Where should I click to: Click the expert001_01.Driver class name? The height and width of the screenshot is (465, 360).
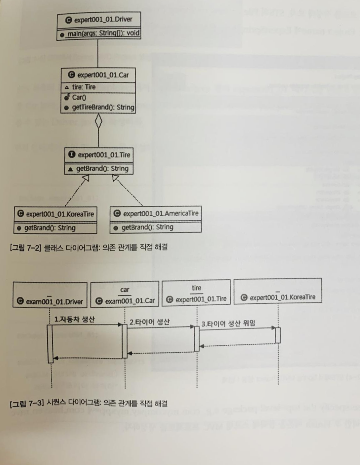tap(103, 20)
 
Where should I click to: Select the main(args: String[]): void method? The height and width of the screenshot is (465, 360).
tap(103, 33)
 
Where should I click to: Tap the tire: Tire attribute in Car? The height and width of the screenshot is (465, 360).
tap(84, 87)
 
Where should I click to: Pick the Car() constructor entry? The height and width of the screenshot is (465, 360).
tap(79, 98)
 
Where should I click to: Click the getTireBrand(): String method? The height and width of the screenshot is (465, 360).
tap(103, 108)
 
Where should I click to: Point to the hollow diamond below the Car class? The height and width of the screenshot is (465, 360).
tap(98, 122)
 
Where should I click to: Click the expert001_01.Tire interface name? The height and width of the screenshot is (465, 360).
tap(104, 155)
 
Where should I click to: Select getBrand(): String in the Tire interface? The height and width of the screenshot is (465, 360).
tap(102, 168)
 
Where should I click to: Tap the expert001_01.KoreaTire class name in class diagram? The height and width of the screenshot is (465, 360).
tap(60, 214)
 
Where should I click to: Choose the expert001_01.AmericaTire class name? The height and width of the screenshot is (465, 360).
tap(160, 213)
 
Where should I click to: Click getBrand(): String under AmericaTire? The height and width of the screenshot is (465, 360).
tap(147, 227)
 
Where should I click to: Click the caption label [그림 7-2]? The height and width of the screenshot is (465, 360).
tap(26, 247)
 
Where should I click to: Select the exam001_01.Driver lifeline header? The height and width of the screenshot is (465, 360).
tap(54, 301)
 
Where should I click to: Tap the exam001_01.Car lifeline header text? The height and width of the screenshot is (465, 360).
tap(130, 301)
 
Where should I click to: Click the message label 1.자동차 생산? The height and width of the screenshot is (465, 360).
tap(74, 319)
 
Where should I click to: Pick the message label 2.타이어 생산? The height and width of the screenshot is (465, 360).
tap(149, 322)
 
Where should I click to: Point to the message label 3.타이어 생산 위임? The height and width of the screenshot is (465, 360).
tap(228, 323)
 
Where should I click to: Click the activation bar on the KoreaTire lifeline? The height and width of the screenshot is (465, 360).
tap(278, 335)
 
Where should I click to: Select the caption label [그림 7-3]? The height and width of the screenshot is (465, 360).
tap(26, 403)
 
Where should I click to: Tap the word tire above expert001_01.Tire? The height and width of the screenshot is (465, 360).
tap(196, 288)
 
